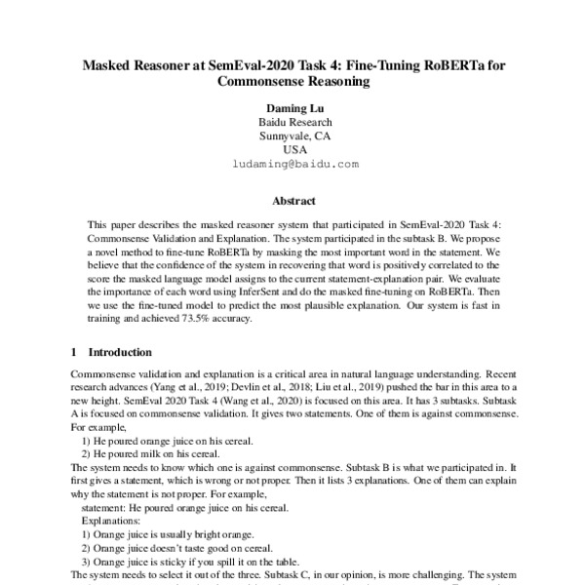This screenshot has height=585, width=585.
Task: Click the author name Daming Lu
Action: [x=293, y=106]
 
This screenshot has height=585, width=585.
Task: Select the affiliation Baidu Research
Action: [x=293, y=122]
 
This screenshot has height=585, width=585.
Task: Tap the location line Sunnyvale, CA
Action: [x=293, y=136]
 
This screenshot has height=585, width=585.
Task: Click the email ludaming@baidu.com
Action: [x=293, y=166]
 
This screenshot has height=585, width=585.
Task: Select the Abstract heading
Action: [x=292, y=202]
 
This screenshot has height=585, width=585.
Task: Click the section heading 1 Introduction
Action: [x=111, y=352]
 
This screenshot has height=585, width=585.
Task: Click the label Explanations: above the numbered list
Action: [x=112, y=521]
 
